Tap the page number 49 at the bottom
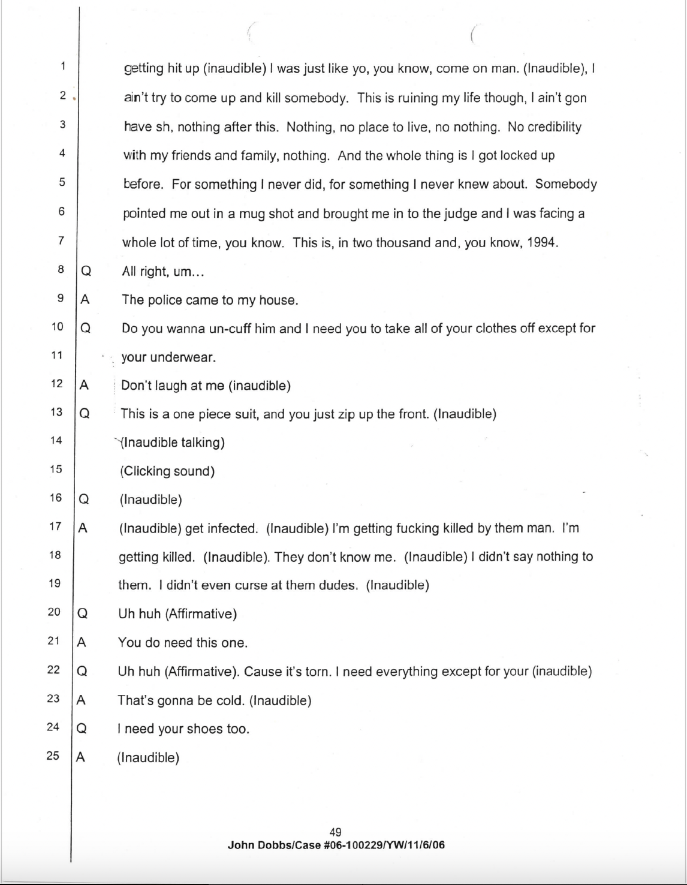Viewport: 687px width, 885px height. pos(336,832)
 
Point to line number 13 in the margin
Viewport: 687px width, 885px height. pos(56,412)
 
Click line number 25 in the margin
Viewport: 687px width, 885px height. pos(53,755)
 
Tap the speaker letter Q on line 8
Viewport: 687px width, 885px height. pos(86,272)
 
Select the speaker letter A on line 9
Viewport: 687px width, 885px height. pos(85,300)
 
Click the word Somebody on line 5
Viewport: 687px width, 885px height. pos(566,184)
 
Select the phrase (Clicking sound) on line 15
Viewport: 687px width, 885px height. pos(167,471)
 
